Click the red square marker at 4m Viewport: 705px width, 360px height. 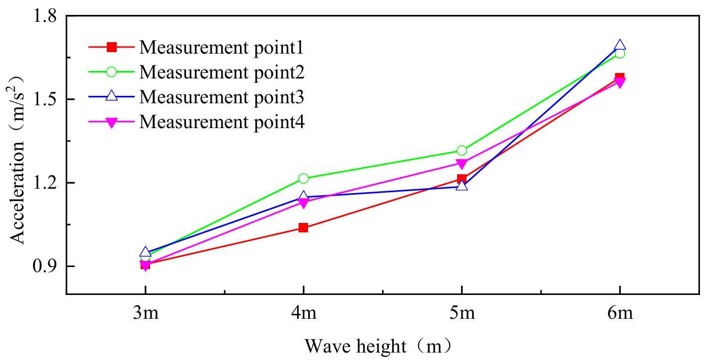point(303,228)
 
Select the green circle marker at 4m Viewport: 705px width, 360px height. point(303,178)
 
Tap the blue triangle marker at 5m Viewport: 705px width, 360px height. point(462,186)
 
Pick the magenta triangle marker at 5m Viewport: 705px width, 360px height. point(462,164)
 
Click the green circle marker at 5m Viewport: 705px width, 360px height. point(462,150)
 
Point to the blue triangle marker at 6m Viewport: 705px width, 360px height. point(620,45)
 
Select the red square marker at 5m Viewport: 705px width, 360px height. point(462,179)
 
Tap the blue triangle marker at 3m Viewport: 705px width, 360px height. point(145,252)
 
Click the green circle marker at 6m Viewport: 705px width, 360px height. point(620,53)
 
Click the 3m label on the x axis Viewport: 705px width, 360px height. point(145,314)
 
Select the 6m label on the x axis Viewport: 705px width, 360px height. point(620,314)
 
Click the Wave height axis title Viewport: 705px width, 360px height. point(378,346)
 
